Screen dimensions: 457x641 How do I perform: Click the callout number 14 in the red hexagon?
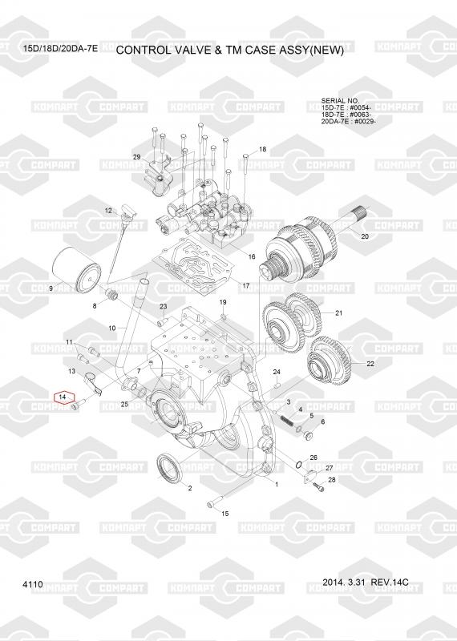pos(63,397)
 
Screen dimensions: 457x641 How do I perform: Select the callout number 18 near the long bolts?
pos(262,149)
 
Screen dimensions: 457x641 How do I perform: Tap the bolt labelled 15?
pos(214,502)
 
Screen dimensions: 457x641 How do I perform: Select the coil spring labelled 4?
pos(288,421)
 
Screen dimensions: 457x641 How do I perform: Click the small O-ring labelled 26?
pos(299,465)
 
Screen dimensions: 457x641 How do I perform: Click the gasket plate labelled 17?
pos(193,267)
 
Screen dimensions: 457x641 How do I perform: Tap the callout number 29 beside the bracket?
pos(136,157)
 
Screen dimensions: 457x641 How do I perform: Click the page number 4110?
pos(33,585)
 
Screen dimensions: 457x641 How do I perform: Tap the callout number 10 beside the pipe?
pos(112,328)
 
